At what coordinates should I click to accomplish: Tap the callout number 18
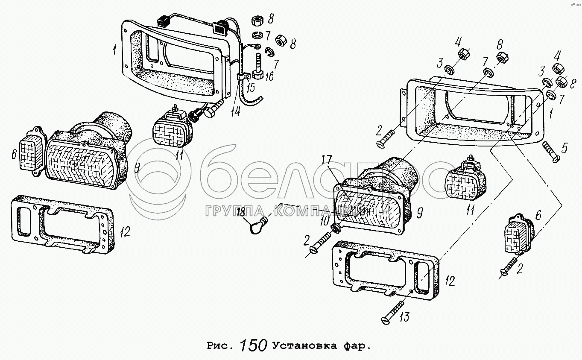pyautogui.click(x=241, y=213)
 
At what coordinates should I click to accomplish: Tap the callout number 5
pyautogui.click(x=564, y=148)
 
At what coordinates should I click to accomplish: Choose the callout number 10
pyautogui.click(x=324, y=221)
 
